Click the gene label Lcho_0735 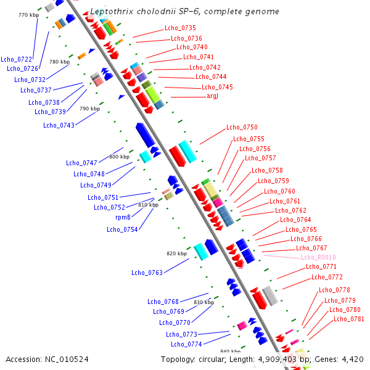pos(180,28)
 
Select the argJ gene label pos(212,96)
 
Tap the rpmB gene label pos(123,217)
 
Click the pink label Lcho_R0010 pos(318,257)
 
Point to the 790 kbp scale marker pos(89,109)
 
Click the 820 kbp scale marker pos(177,253)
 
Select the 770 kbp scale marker pos(28,15)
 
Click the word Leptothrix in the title pos(112,12)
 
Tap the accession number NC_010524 pos(67,360)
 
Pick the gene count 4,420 pos(353,360)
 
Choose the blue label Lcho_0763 pos(147,273)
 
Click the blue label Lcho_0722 pos(16,59)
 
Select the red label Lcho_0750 pos(242,127)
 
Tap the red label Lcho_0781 pos(349,319)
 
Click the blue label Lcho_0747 pos(81,163)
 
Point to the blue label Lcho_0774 pos(186,344)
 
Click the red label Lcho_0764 pos(295,220)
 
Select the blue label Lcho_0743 pos(59,125)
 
